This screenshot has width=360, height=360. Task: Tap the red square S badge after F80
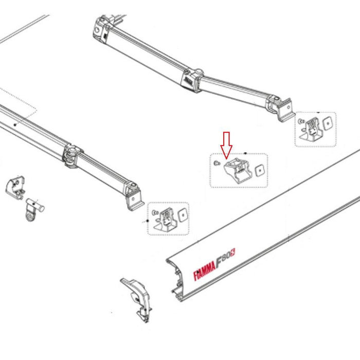[x=233, y=253]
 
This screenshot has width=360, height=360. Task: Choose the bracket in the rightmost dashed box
[x=311, y=129]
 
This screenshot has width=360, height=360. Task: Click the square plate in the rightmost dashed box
[x=326, y=123]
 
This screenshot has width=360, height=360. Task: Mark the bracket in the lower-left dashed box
[x=164, y=218]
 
